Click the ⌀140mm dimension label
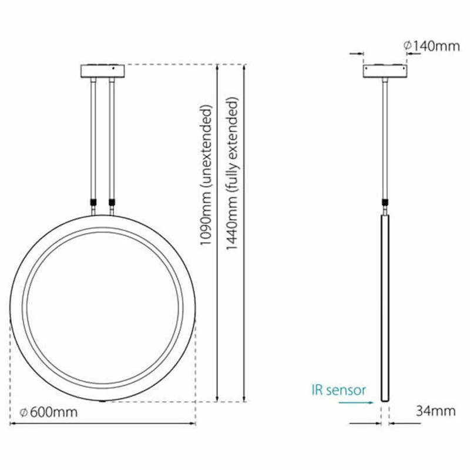click(x=432, y=46)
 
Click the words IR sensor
click(x=339, y=390)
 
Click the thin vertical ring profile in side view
click(x=385, y=305)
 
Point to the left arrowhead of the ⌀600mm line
click(x=13, y=423)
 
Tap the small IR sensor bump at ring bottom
click(x=103, y=402)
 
